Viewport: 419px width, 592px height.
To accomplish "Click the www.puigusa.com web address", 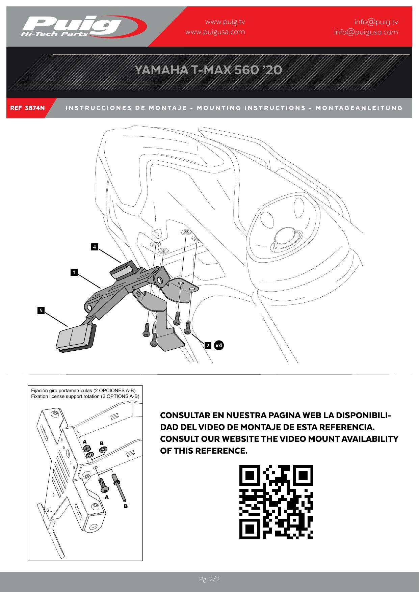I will (215, 32).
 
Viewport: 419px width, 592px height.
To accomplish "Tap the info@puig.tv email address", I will (376, 22).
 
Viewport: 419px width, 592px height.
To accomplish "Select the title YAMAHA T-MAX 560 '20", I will (208, 70).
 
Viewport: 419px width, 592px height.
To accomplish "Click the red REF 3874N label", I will (27, 108).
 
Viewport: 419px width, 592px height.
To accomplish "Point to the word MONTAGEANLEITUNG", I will (359, 108).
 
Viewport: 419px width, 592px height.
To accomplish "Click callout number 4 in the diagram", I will (95, 247).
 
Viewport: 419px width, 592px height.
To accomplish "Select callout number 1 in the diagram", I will (74, 272).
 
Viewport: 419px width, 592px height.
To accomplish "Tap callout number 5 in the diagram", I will (41, 310).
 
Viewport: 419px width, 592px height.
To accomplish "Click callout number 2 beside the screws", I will (208, 345).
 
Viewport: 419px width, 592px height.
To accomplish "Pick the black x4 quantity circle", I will (219, 345).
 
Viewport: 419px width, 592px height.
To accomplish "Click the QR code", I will (276, 502).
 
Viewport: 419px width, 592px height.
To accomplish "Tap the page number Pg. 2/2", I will (209, 579).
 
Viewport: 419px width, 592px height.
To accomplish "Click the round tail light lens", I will (285, 235).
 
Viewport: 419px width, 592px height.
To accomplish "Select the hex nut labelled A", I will (86, 449).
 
